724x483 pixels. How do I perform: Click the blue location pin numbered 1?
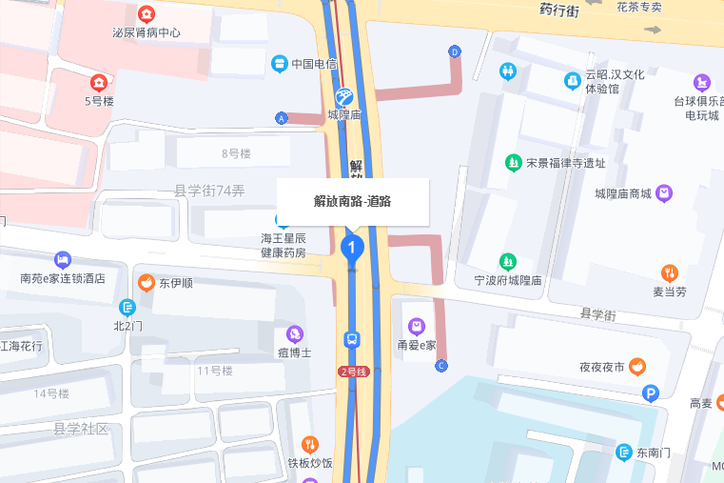(x=352, y=249)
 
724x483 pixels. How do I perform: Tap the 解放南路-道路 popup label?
(x=353, y=201)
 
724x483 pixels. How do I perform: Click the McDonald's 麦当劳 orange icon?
(x=670, y=272)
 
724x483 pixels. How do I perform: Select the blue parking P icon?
(x=651, y=392)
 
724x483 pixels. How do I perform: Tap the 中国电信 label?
(x=314, y=64)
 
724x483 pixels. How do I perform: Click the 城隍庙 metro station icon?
(x=344, y=95)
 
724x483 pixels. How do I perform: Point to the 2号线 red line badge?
(x=353, y=372)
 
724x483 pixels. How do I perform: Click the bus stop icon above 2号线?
(x=352, y=339)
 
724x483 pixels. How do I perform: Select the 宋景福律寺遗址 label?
(x=565, y=163)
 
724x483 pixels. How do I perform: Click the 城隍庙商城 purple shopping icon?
(x=664, y=193)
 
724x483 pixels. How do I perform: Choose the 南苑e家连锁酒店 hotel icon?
(x=63, y=259)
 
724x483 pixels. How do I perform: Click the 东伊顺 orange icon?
(x=146, y=282)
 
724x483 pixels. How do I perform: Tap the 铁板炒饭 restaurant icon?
(x=310, y=444)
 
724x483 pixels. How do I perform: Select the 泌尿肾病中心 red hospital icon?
(x=147, y=14)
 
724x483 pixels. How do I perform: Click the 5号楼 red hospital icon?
(x=99, y=83)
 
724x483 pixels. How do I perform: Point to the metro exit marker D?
(x=455, y=51)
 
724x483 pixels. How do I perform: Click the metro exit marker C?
(x=441, y=366)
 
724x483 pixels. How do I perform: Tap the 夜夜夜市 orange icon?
(x=636, y=366)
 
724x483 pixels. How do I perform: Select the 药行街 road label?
(x=559, y=10)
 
